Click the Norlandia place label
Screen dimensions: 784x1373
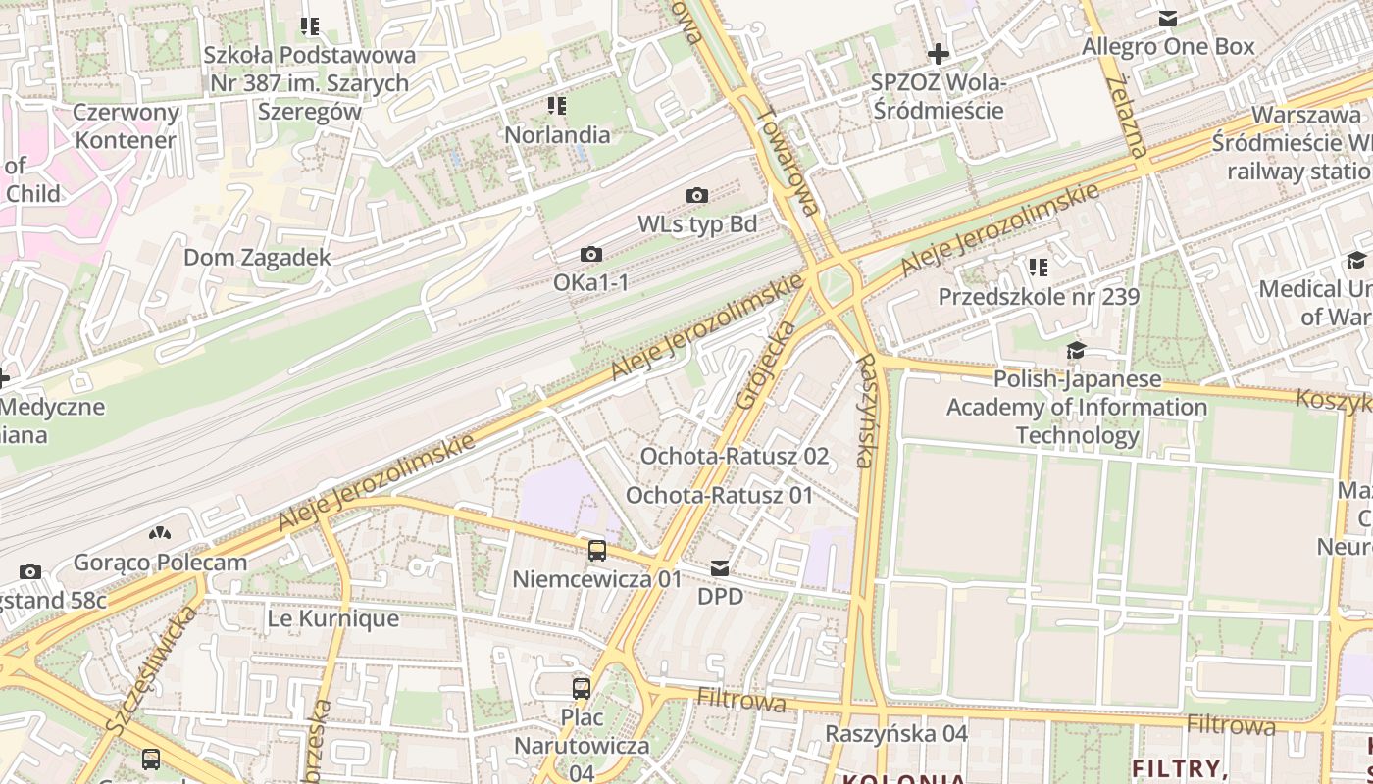pos(557,134)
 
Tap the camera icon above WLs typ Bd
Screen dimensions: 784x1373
pos(697,195)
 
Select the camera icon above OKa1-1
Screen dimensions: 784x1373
pos(590,254)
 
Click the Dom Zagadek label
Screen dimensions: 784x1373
pos(257,258)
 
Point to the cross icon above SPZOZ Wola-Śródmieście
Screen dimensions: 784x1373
pos(939,53)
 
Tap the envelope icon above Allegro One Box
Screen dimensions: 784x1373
pos(1168,18)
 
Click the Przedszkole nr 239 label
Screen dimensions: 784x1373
pos(1039,296)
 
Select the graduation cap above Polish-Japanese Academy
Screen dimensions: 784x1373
pos(1076,350)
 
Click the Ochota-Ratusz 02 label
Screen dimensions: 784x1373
pos(734,456)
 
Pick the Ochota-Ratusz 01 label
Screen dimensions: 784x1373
pos(720,495)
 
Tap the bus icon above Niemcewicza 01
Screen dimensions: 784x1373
pos(596,550)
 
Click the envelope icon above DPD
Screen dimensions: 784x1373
pos(720,567)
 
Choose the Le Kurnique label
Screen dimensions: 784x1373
pos(332,618)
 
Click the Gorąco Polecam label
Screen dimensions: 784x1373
pos(160,563)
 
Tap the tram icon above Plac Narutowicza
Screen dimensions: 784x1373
pos(582,688)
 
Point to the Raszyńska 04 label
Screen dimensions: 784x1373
pos(895,733)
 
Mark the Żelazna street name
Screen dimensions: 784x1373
pos(1124,117)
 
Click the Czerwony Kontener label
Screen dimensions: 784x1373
pos(126,125)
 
